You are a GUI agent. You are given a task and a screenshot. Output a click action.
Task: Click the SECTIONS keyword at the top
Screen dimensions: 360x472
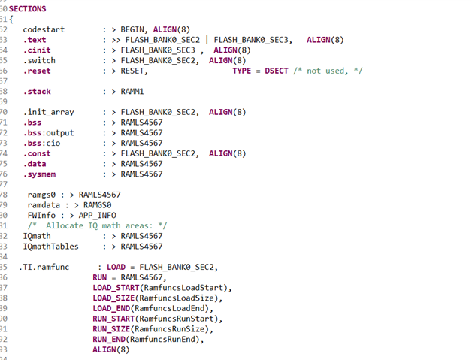(27, 8)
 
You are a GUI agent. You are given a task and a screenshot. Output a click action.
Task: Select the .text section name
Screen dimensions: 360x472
(35, 39)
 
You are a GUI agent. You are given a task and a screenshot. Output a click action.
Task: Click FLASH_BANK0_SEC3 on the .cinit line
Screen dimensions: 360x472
(159, 50)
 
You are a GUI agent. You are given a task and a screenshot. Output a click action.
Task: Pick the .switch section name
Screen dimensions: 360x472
(39, 60)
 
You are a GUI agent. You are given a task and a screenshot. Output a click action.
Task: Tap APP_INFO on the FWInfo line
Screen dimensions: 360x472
(89, 215)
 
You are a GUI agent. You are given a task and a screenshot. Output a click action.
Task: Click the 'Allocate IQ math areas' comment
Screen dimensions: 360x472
(98, 225)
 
